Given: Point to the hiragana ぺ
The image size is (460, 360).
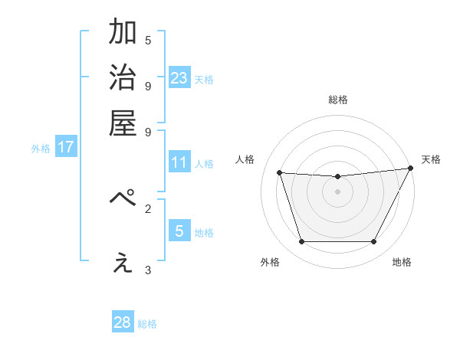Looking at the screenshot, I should click(123, 199).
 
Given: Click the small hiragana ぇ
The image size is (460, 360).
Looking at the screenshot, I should click(123, 263).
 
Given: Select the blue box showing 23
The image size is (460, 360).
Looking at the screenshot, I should click(179, 78).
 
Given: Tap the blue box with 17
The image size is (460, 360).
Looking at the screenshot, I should click(66, 147).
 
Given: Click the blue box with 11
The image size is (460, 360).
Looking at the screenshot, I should click(179, 162).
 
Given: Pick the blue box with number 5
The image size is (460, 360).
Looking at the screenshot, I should click(179, 231).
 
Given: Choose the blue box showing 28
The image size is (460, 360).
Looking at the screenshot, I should click(122, 322).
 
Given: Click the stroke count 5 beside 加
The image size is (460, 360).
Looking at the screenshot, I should click(148, 40).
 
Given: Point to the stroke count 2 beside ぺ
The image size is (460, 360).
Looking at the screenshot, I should click(148, 208).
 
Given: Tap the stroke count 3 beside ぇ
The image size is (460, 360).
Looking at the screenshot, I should click(148, 270).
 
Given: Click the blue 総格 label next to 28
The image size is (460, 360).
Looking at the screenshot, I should click(147, 324).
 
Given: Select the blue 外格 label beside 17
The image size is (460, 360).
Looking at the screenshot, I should click(41, 149).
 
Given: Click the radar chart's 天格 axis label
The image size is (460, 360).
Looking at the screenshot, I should click(431, 159).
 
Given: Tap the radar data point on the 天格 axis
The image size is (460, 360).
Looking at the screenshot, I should click(411, 169).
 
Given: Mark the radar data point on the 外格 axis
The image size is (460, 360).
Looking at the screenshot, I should click(301, 242).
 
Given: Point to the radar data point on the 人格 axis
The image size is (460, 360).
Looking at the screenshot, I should click(280, 173).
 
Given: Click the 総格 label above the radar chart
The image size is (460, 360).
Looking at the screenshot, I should click(338, 100).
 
